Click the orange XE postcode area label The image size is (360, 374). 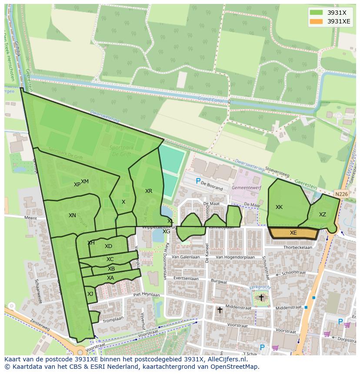[x=293, y=233]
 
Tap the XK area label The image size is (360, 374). [x=279, y=207]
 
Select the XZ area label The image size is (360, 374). [x=323, y=215]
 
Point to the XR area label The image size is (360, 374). [x=149, y=191]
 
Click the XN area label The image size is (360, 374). [x=72, y=215]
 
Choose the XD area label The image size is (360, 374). [x=108, y=246]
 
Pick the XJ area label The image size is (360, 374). [x=90, y=294]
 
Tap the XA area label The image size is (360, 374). [x=110, y=278]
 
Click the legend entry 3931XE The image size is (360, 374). [x=339, y=21]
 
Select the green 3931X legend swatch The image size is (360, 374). [x=316, y=13]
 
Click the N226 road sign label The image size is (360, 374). [x=341, y=194]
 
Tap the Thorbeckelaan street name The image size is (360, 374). [x=298, y=248]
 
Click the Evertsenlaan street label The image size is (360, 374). [x=186, y=278]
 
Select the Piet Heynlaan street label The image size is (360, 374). [x=147, y=294]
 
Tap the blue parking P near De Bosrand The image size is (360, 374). [x=198, y=181]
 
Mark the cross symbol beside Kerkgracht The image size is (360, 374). [x=261, y=298]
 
